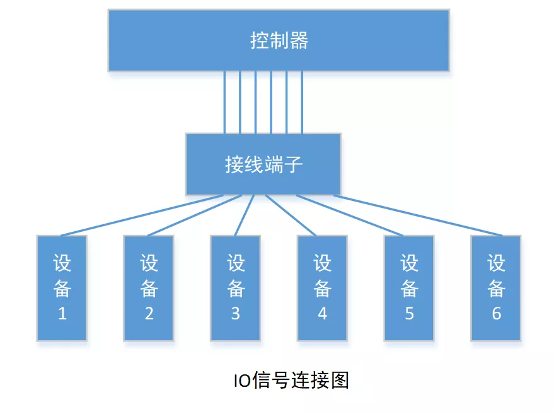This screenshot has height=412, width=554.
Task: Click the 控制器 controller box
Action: [x=279, y=40]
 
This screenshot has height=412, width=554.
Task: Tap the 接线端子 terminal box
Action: [x=263, y=164]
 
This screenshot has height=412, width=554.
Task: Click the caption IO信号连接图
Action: [x=291, y=381]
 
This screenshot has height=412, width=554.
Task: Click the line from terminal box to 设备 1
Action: [x=142, y=215]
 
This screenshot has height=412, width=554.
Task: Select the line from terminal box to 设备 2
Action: [x=193, y=215]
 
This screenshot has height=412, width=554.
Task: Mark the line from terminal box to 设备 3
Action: [x=245, y=215]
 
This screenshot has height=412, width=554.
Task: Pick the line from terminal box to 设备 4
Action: [x=290, y=215]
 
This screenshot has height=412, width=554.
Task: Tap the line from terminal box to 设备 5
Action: [x=347, y=215]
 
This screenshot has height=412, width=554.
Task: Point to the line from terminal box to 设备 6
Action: [x=418, y=215]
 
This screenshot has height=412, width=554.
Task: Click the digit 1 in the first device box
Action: [x=62, y=313]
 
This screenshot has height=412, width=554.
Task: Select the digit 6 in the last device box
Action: [x=496, y=313]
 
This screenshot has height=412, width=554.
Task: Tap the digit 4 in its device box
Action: [x=322, y=313]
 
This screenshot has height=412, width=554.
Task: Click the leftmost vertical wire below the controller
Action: [x=224, y=101]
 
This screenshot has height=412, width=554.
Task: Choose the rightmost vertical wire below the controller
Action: [x=302, y=101]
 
